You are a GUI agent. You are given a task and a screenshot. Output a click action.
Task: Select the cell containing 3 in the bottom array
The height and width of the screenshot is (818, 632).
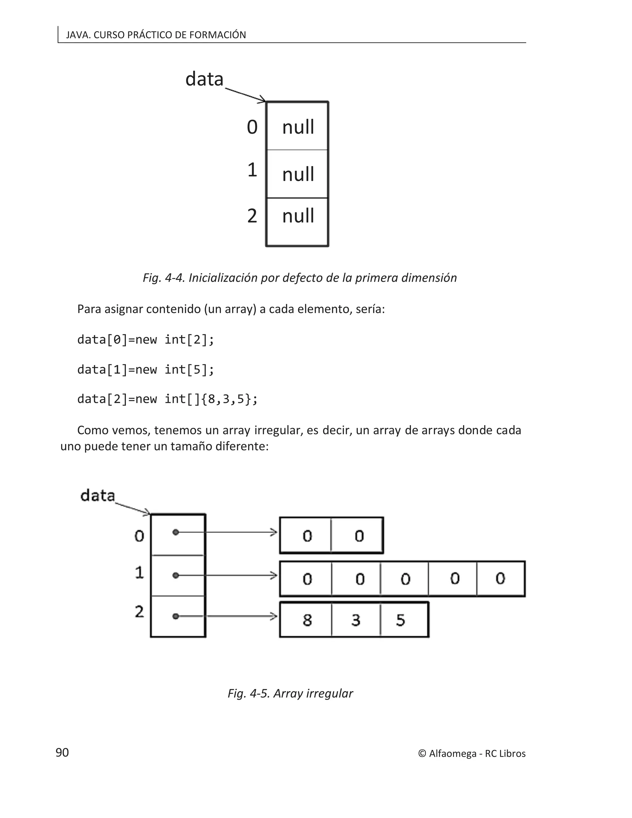[x=356, y=620]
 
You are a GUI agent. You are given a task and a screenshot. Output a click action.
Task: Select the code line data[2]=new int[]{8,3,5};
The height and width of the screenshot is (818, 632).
[x=167, y=399]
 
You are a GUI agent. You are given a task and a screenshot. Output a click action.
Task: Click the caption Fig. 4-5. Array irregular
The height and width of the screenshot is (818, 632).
[x=290, y=693]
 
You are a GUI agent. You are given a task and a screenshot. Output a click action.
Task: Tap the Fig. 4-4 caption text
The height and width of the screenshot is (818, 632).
[x=300, y=278]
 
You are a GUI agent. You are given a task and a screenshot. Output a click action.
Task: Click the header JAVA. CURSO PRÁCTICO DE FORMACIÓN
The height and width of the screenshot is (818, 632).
[x=156, y=35]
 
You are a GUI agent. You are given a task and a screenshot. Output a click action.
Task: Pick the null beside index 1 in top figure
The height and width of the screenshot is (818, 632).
[x=298, y=174]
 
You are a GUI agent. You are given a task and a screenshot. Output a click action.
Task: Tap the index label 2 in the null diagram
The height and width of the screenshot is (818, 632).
[x=252, y=216]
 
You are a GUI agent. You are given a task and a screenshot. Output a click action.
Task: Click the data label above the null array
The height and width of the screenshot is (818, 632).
[x=204, y=79]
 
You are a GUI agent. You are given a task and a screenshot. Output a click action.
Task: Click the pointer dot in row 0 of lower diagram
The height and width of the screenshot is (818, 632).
[x=176, y=532]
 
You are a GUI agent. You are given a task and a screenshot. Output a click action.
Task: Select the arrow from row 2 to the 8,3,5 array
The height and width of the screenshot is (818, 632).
[x=239, y=616]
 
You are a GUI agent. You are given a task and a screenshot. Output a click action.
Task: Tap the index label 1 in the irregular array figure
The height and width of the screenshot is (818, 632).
[x=139, y=572]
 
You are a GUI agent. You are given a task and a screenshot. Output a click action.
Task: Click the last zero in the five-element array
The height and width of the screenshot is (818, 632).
[x=500, y=579]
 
